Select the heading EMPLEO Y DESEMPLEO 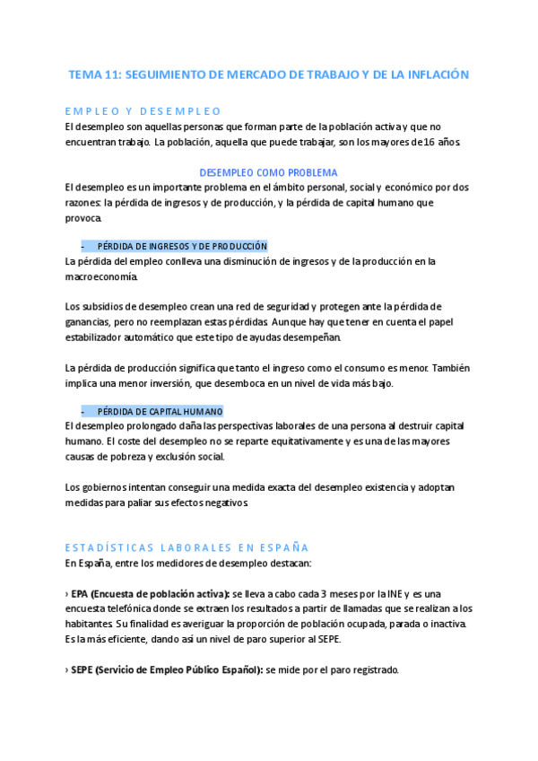(143, 111)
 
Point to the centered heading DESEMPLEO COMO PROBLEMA (268, 172)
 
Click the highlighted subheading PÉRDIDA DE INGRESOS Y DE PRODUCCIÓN (181, 246)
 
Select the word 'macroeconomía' (102, 276)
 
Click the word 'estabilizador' (101, 337)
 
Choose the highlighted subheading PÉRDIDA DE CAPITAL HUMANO (159, 410)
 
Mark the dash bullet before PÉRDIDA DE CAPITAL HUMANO (82, 410)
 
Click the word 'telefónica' (125, 608)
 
